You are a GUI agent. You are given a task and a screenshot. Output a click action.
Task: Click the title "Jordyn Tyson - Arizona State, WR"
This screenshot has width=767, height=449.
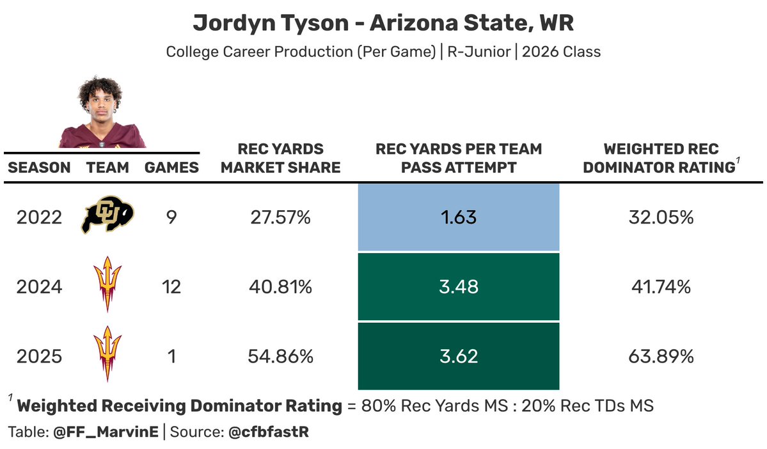(x=383, y=24)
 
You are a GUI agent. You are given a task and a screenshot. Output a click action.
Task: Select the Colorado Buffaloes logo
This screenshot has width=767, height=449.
(x=107, y=217)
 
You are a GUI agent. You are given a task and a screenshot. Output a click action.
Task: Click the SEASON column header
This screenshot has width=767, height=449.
(x=39, y=168)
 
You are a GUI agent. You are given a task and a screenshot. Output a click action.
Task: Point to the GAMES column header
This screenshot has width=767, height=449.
(x=171, y=168)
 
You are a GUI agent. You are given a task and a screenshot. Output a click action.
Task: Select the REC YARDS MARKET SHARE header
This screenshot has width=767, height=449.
(x=280, y=158)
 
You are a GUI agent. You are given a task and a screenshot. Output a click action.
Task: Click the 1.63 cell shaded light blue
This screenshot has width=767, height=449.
(x=458, y=217)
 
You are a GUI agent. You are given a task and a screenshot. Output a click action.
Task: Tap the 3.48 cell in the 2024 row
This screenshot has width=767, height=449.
(x=458, y=286)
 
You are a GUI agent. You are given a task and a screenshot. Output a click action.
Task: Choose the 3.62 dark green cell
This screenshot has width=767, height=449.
(x=458, y=355)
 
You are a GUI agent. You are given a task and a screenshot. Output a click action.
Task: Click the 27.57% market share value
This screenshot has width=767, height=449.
(x=280, y=217)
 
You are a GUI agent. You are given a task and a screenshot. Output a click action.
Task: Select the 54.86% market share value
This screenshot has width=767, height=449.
(x=280, y=355)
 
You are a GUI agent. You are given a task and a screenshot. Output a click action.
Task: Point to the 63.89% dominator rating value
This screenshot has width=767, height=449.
(x=661, y=355)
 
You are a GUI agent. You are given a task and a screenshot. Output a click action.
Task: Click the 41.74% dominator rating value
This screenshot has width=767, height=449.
(x=661, y=286)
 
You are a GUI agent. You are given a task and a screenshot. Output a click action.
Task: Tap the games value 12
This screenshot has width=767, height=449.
(x=171, y=286)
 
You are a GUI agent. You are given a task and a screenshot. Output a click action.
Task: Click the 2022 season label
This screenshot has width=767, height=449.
(x=39, y=217)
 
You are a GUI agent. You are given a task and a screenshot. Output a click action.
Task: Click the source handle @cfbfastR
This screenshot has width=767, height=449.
(x=269, y=432)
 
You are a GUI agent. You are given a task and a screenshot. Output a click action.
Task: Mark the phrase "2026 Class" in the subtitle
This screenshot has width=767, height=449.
(x=561, y=52)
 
